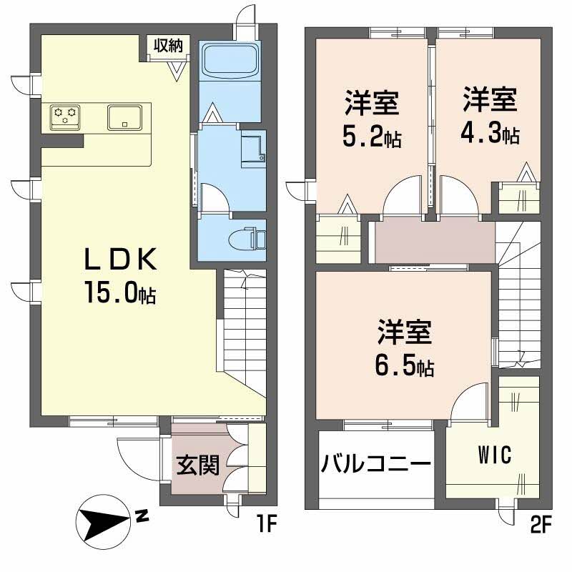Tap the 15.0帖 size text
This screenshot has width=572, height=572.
120,293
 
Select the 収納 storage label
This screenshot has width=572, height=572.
167,45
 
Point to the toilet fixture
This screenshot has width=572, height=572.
244,237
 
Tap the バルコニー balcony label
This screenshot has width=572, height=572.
375,463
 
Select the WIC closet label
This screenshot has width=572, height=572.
493,455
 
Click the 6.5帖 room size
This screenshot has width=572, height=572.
405,366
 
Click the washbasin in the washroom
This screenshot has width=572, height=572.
252,149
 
